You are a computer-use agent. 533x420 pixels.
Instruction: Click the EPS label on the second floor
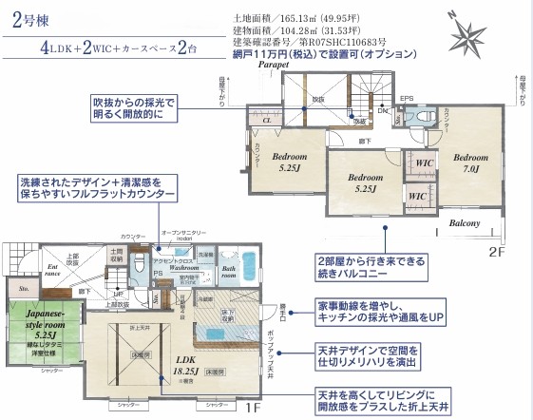click(x=406, y=98)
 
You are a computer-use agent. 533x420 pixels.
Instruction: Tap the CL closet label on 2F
click(x=267, y=122)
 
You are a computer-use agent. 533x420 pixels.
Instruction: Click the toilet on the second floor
click(x=425, y=116)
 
